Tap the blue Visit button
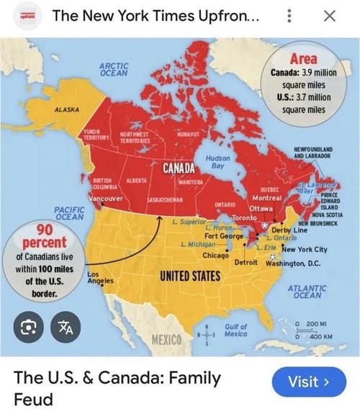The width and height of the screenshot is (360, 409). (308, 381)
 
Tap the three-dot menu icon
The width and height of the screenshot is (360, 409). (289, 16)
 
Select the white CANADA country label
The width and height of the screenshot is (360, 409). (181, 168)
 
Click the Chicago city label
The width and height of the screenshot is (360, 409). (215, 256)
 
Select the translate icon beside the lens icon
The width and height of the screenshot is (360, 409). (66, 328)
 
